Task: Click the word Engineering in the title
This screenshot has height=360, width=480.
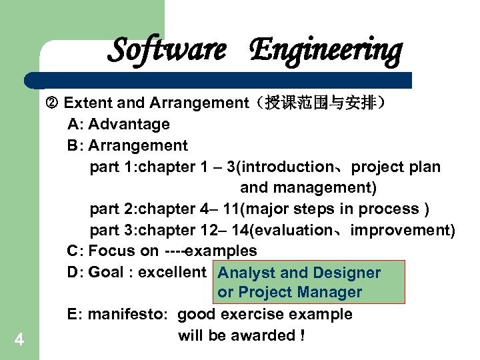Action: click(x=326, y=50)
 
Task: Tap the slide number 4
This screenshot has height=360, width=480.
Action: click(x=19, y=341)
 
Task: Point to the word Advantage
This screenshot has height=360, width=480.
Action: click(x=129, y=124)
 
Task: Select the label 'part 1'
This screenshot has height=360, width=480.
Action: click(x=111, y=167)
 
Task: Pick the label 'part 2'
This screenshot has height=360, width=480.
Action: click(x=111, y=209)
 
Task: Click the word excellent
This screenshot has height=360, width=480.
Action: click(x=173, y=272)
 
